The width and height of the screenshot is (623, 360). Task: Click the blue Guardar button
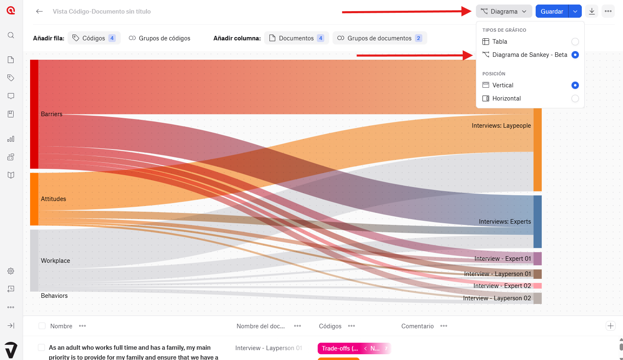click(552, 12)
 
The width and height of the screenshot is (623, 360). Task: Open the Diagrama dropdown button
click(504, 12)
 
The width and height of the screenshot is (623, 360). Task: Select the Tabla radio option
click(575, 42)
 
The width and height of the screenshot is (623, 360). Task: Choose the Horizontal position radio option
click(575, 98)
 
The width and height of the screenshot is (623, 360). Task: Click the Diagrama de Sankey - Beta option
click(529, 55)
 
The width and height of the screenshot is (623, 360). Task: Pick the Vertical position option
click(575, 85)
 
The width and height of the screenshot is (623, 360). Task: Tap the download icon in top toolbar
click(592, 12)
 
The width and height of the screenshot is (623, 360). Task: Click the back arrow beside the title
click(40, 12)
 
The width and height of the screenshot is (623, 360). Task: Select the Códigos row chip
click(94, 38)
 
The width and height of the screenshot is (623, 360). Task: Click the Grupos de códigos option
click(159, 38)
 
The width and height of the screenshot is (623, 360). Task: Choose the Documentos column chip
click(296, 38)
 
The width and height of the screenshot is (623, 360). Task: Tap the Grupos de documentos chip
click(379, 38)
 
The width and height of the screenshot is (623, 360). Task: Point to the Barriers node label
click(52, 114)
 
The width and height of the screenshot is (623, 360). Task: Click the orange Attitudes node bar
click(34, 199)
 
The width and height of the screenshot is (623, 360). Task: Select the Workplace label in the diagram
click(55, 261)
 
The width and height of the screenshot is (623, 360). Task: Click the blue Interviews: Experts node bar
click(537, 222)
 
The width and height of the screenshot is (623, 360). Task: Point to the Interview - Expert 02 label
click(502, 286)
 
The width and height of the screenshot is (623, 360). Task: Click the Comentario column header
click(417, 326)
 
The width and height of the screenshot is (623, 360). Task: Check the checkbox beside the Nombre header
click(42, 326)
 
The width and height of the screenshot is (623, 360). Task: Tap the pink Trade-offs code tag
click(340, 348)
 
